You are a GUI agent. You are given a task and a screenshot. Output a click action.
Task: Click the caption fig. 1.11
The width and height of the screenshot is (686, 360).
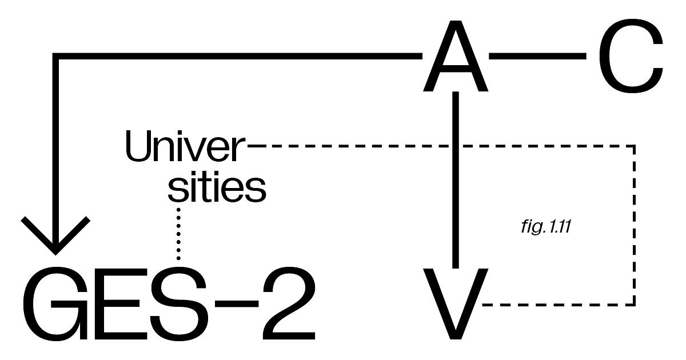544,226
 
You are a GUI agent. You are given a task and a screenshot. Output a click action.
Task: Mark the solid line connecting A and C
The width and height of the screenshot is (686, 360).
538,56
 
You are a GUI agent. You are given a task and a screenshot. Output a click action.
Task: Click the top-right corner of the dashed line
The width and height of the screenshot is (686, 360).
634,146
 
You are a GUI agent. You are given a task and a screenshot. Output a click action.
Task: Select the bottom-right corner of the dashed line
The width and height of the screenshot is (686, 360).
634,304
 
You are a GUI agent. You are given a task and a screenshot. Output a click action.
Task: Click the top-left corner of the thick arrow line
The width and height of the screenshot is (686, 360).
56,56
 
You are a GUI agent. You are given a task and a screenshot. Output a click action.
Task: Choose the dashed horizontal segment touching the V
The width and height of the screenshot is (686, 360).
557,304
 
